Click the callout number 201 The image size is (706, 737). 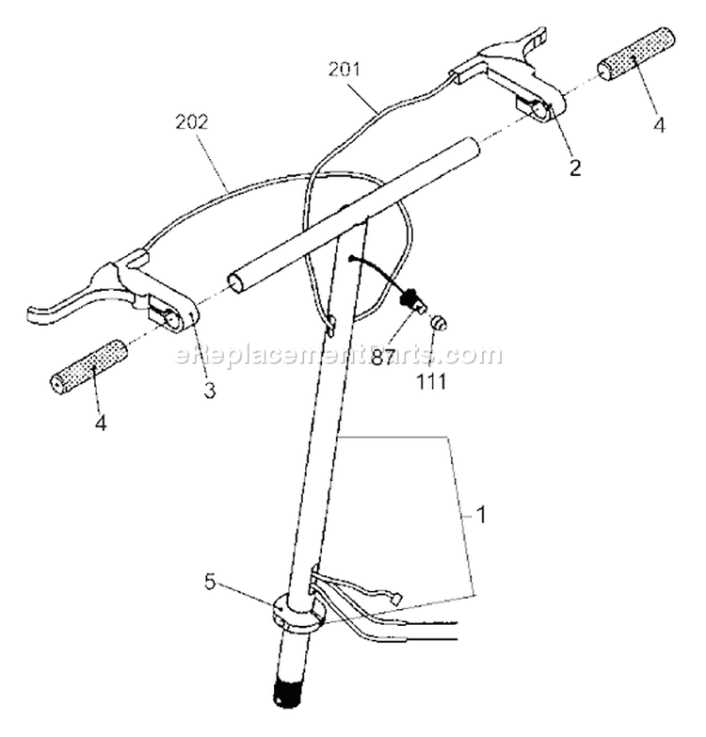(345, 70)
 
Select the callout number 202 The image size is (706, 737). (191, 122)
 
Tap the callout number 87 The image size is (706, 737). (382, 359)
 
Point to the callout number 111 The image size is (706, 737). (431, 381)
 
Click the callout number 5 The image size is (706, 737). (210, 582)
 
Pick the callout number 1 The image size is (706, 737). (480, 516)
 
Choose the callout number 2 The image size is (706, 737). (575, 168)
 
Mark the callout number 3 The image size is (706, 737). (210, 390)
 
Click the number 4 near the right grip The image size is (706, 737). (660, 124)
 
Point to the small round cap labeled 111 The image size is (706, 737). (439, 324)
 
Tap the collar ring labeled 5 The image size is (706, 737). (298, 614)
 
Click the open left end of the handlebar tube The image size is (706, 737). (235, 281)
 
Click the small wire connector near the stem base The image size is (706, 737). (398, 600)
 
